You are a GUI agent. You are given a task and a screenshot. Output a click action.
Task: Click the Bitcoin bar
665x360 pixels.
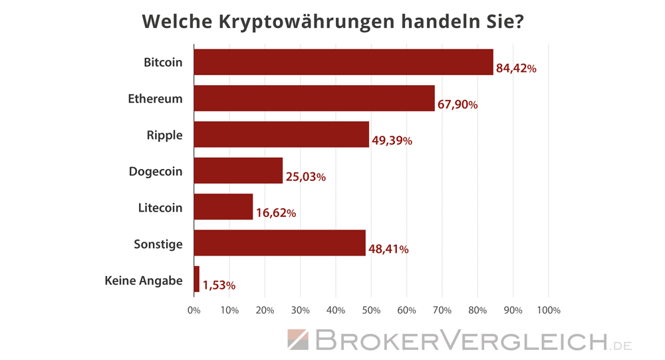(x=343, y=62)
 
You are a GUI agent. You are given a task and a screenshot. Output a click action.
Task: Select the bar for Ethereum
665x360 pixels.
(x=314, y=98)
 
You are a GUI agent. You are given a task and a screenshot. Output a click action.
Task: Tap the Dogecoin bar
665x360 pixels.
(x=238, y=170)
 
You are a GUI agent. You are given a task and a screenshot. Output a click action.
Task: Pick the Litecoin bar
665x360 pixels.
(x=223, y=207)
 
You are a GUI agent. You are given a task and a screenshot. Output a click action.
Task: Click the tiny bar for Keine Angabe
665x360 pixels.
(x=197, y=279)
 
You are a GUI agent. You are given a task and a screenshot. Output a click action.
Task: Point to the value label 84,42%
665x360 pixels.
(x=516, y=69)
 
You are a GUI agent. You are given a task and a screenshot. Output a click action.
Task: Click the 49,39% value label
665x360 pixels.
(x=392, y=141)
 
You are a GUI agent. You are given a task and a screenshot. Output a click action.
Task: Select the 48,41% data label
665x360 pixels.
(x=388, y=250)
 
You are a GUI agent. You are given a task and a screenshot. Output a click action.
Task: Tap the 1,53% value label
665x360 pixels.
(x=219, y=285)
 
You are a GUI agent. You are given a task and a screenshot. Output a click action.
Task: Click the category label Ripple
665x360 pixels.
(x=164, y=135)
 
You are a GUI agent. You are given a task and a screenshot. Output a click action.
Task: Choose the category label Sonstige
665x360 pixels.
(x=158, y=244)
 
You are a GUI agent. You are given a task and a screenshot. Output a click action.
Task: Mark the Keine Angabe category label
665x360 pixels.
(x=144, y=281)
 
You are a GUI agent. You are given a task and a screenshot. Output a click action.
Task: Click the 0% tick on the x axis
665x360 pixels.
(x=194, y=310)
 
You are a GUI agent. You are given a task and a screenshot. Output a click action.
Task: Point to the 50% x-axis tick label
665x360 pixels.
(x=371, y=310)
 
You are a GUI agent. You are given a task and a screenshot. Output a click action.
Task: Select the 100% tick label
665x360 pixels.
(x=548, y=310)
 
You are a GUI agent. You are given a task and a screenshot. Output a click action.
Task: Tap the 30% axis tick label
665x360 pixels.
(x=300, y=310)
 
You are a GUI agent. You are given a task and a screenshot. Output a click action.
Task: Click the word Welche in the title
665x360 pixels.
(x=177, y=21)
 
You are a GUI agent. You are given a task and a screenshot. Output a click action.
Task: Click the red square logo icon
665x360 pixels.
(x=297, y=340)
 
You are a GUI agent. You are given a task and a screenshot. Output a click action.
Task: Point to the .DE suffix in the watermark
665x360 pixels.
(x=622, y=345)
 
